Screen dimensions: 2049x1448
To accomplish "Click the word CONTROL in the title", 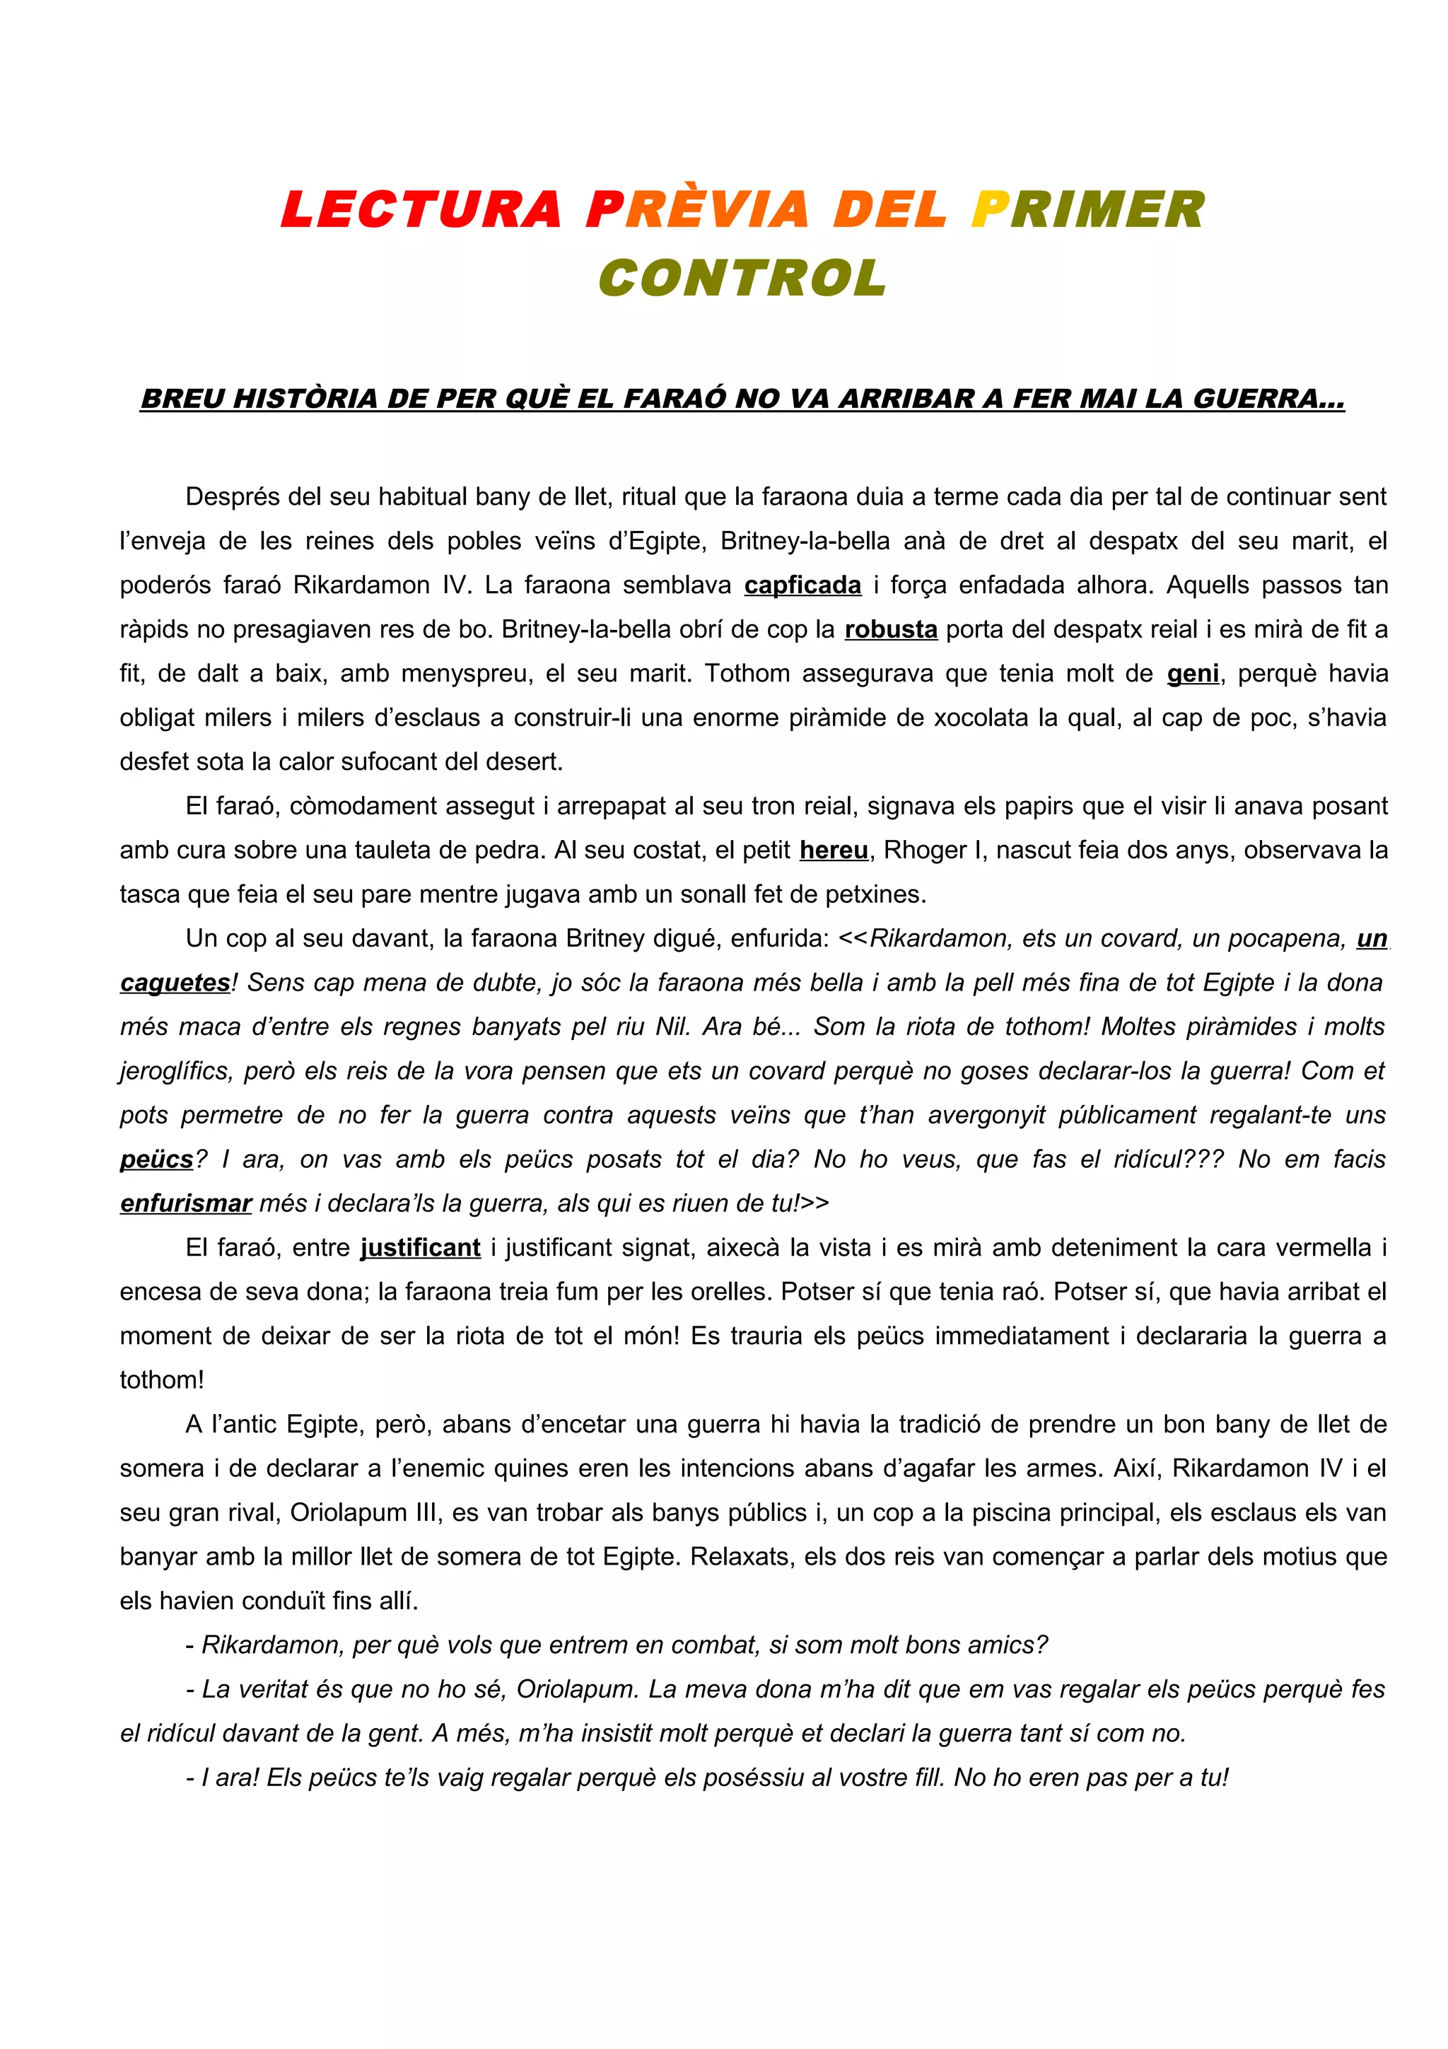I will point(742,278).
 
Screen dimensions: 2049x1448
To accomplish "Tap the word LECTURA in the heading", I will point(421,210).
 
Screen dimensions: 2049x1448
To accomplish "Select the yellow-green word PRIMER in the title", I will point(1087,210).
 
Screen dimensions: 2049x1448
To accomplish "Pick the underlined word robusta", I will point(890,629).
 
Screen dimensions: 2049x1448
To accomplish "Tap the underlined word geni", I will point(1193,674).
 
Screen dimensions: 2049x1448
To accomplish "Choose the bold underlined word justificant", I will point(420,1248).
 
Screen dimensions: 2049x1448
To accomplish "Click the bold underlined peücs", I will point(156,1160).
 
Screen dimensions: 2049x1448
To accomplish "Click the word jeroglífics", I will point(174,1071).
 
